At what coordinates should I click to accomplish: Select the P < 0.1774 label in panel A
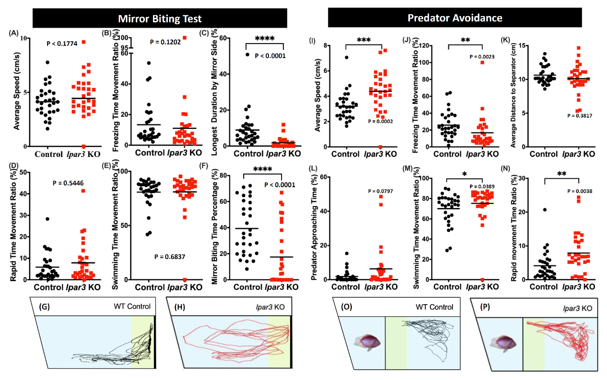tap(62, 44)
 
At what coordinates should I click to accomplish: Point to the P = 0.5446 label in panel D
tap(68, 183)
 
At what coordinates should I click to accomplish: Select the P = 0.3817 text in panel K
tap(580, 116)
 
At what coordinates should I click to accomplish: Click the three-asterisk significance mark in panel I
tap(364, 40)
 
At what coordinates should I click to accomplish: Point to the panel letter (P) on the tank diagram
tap(485, 307)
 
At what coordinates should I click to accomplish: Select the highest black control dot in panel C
tap(247, 55)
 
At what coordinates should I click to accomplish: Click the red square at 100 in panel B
tap(184, 38)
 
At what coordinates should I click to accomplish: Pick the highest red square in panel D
tap(83, 191)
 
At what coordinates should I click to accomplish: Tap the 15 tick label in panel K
tap(523, 46)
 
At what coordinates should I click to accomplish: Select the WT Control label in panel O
tap(434, 307)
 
